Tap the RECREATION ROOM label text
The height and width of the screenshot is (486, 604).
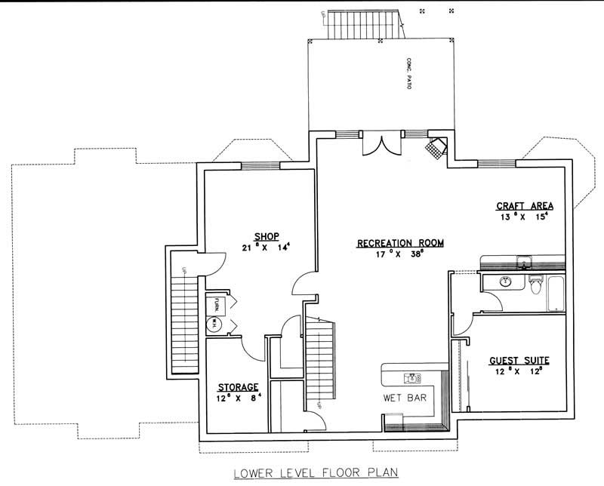400,243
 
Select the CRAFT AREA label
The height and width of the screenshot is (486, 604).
525,206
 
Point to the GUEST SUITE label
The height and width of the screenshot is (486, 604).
519,361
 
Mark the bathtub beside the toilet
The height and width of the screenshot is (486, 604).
555,294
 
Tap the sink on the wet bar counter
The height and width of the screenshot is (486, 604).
413,376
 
